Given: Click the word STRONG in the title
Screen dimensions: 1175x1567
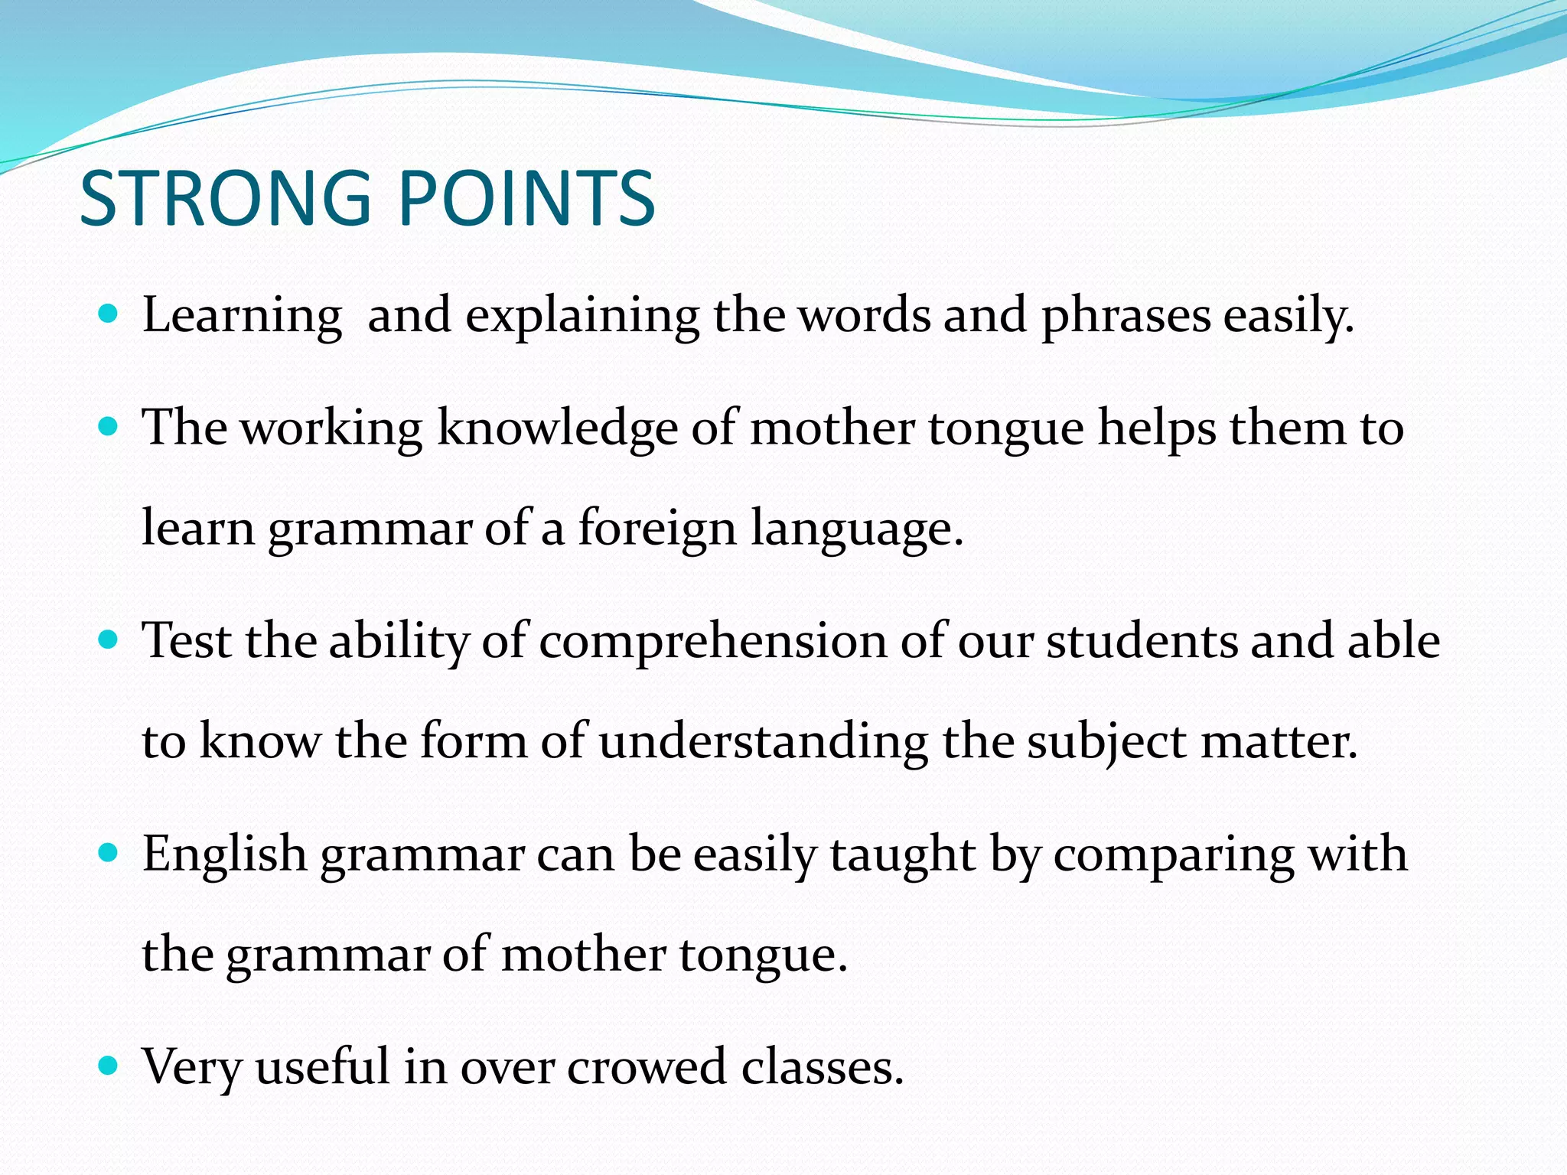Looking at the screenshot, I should click(x=225, y=199).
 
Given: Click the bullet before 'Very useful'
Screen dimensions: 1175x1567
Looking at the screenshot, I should click(x=109, y=1064).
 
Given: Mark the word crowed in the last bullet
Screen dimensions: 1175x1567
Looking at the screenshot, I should click(x=647, y=1067).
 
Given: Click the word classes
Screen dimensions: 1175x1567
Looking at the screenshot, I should click(x=823, y=1067).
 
